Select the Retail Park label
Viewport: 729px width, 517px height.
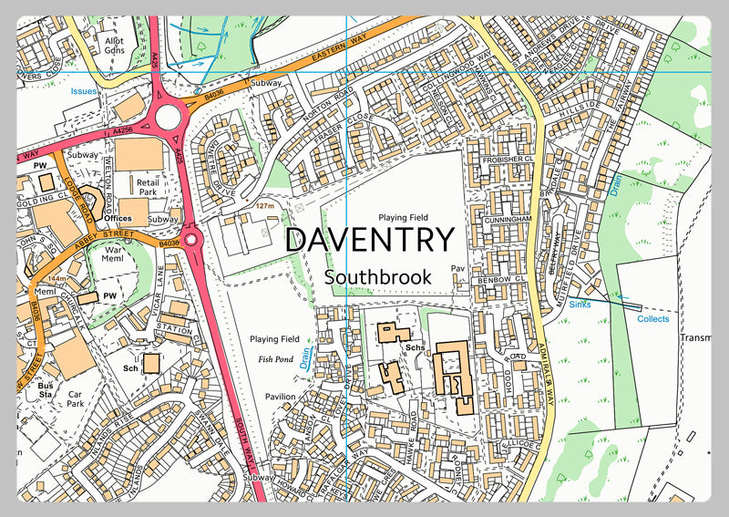pos(148,188)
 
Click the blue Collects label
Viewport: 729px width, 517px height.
pos(652,319)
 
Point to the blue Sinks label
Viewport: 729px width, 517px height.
pos(580,305)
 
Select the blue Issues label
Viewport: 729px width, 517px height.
pos(85,91)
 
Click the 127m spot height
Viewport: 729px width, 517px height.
pos(265,206)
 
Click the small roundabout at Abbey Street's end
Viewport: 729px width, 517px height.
pos(191,240)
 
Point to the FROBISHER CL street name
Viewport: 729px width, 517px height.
pos(504,160)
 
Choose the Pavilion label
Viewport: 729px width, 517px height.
pos(281,397)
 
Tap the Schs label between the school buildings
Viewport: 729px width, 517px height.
pos(416,348)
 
